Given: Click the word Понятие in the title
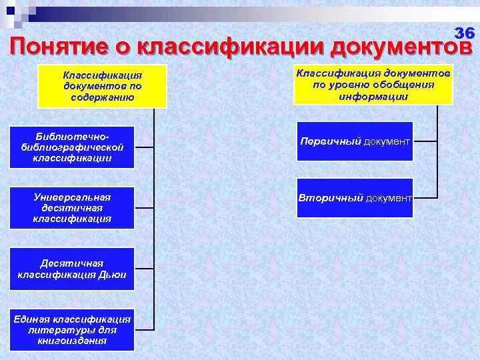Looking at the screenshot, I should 48,48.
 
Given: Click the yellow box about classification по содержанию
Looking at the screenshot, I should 102,87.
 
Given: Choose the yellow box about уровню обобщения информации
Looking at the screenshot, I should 373,85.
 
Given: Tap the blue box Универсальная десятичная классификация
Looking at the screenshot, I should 72,207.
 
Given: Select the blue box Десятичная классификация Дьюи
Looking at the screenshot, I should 72,269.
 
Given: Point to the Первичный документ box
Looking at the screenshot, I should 355,142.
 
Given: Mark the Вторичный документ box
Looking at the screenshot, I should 355,198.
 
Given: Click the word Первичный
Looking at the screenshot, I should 331,142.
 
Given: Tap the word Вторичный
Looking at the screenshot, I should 331,198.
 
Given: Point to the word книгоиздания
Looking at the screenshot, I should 72,340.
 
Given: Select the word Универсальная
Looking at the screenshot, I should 72,197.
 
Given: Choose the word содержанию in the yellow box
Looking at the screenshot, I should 102,97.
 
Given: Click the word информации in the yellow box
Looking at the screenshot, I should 373,95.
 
